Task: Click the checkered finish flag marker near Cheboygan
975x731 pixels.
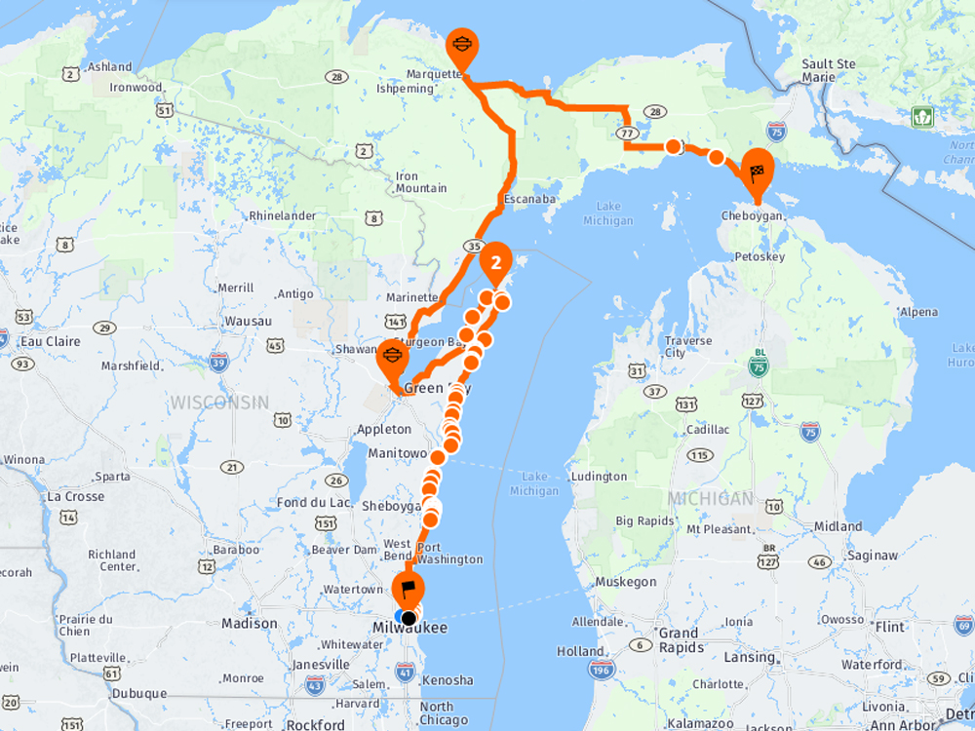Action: (758, 172)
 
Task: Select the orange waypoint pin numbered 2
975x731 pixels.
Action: (496, 262)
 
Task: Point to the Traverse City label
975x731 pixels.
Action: (687, 347)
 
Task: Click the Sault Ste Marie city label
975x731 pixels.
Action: (828, 70)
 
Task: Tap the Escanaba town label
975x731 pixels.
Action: (529, 199)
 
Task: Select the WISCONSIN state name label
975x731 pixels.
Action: (219, 402)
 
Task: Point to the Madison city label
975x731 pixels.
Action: (250, 623)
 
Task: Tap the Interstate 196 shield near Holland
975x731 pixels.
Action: (601, 670)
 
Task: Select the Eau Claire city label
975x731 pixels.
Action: (50, 341)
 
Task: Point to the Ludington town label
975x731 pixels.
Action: (599, 477)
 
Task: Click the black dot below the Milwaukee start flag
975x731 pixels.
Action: (409, 617)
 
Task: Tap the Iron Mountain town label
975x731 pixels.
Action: (421, 182)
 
